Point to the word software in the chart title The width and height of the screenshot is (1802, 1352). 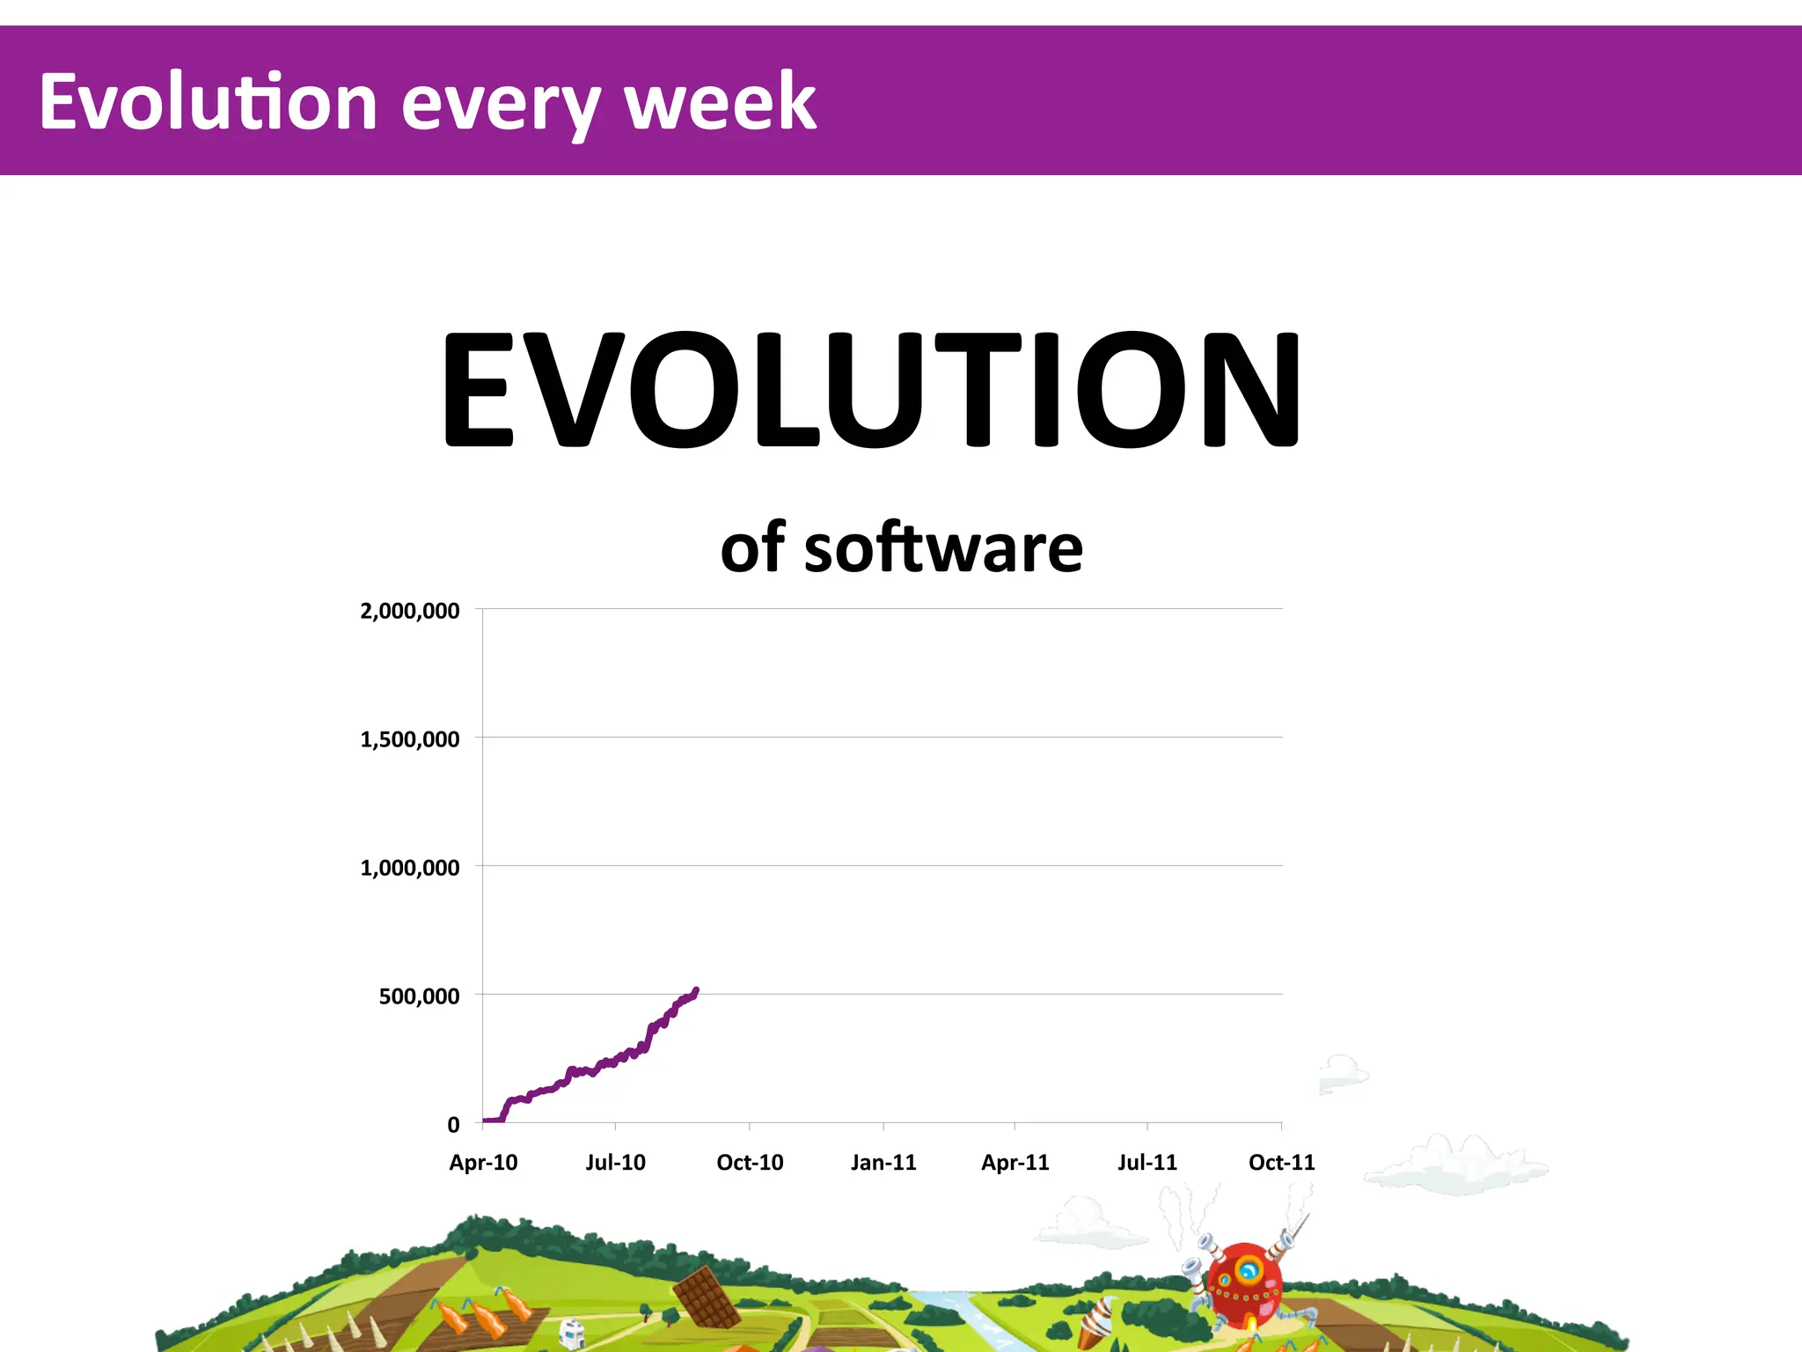coord(943,548)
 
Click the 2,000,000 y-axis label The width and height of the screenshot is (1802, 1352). coord(409,611)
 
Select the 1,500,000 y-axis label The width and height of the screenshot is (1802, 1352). coord(409,739)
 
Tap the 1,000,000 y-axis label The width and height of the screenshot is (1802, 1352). coord(409,868)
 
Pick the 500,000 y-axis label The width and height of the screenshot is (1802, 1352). coord(419,996)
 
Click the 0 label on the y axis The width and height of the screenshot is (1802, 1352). coord(453,1125)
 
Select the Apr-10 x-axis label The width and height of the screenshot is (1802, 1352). coord(483,1163)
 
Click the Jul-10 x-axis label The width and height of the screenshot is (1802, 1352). coord(615,1163)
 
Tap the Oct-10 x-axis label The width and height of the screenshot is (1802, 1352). coord(750,1163)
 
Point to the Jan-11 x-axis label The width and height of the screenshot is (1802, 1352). coord(883,1163)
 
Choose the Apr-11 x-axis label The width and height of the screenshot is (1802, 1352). coord(1015,1163)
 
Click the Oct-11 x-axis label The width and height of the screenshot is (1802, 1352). coord(1281,1163)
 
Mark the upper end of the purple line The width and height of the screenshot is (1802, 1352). coord(696,990)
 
